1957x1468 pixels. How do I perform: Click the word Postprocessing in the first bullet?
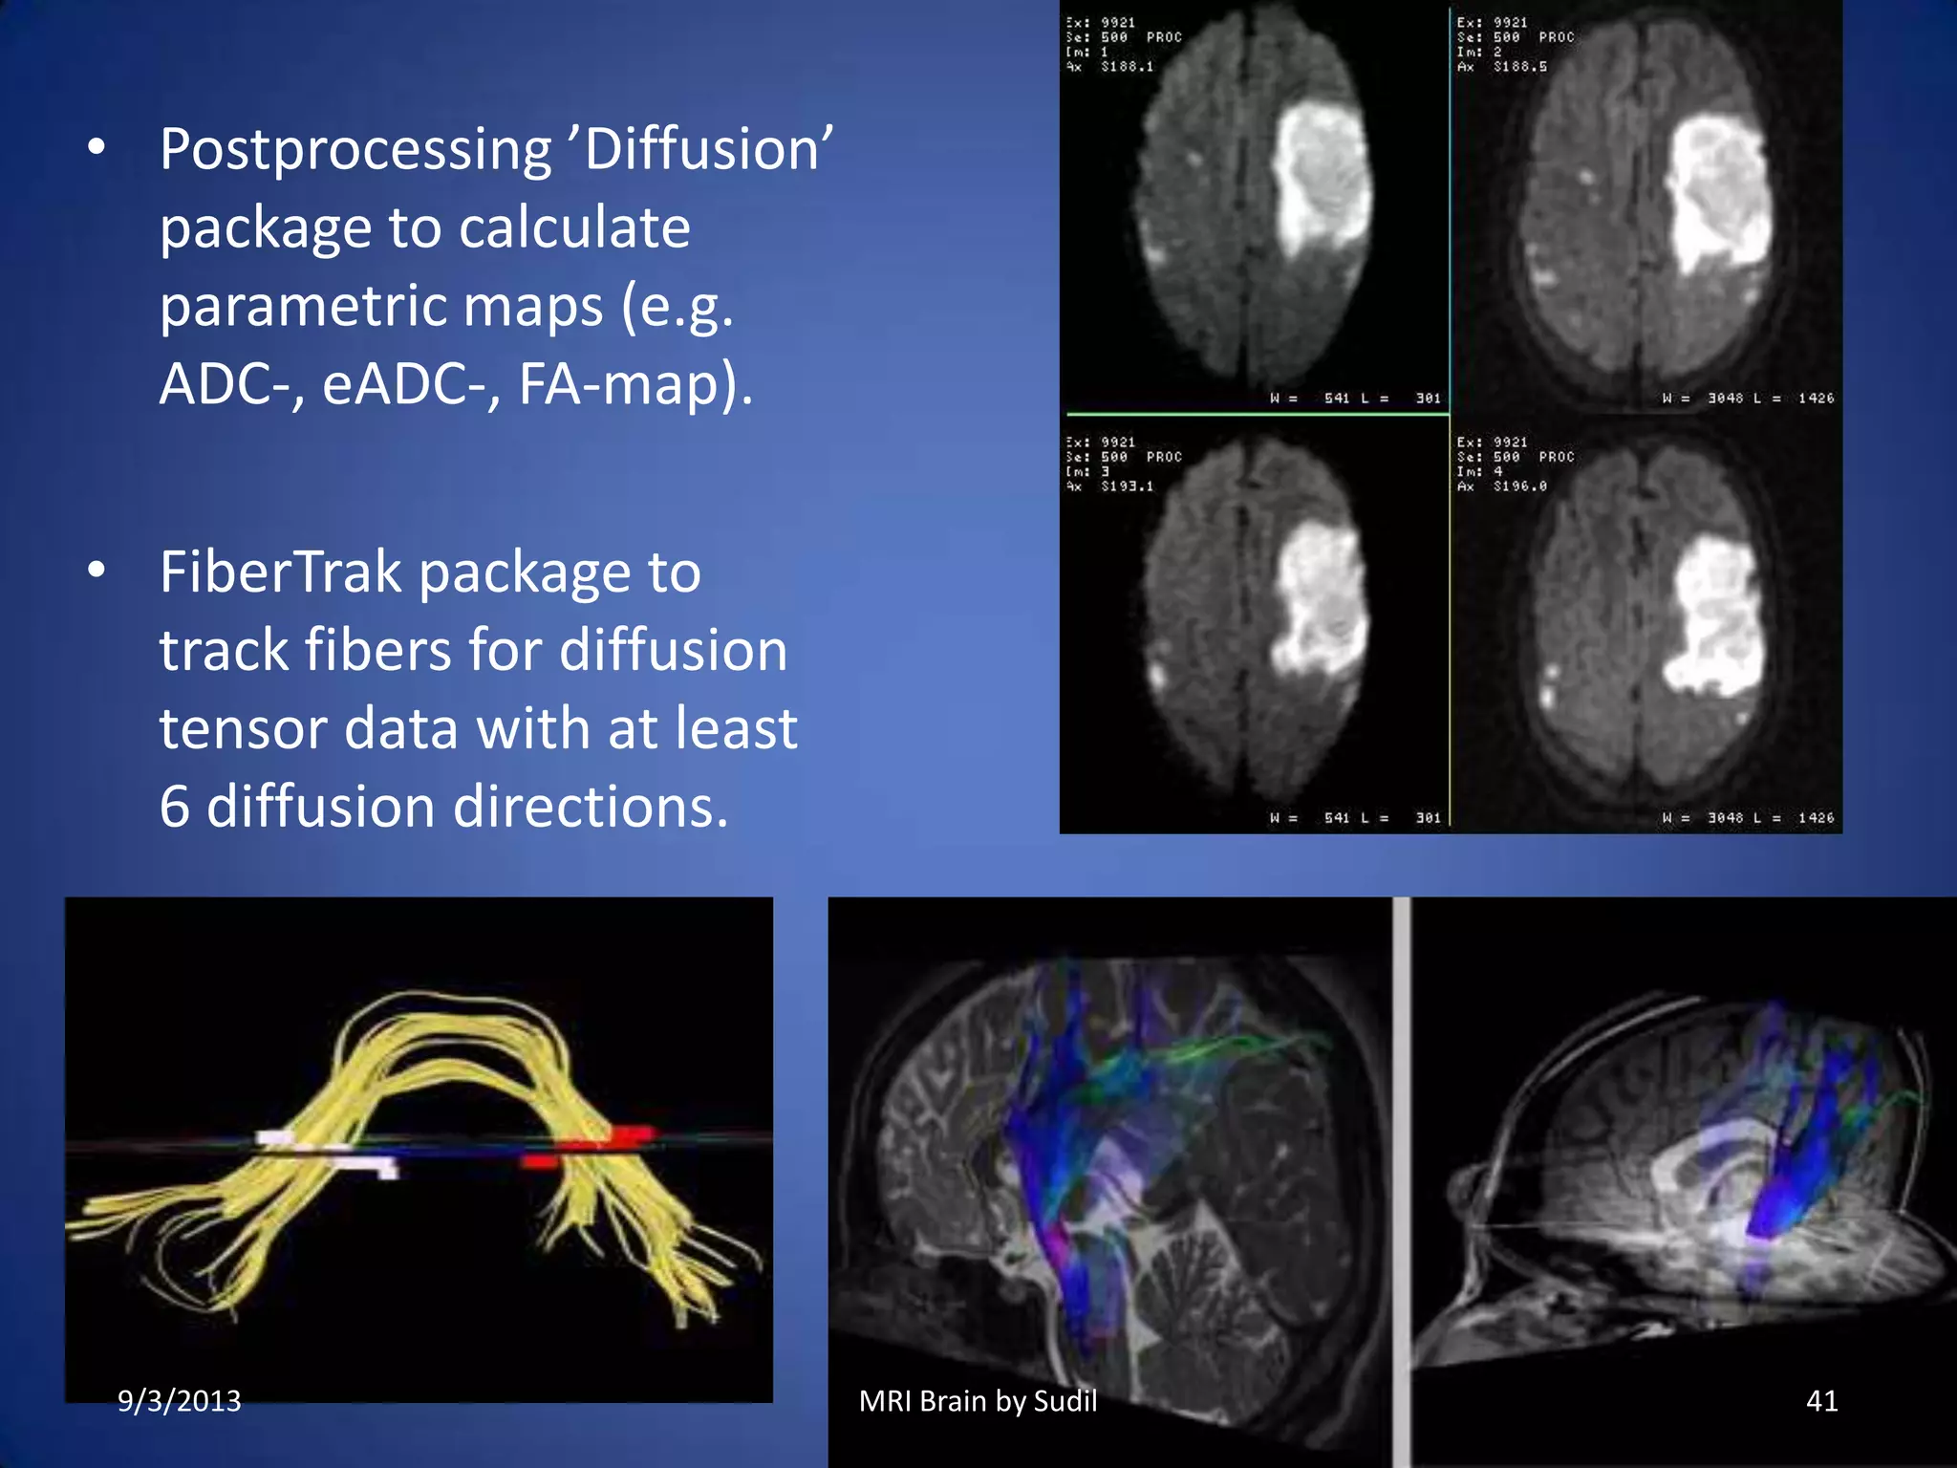[x=355, y=151]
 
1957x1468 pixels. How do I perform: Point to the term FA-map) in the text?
[x=635, y=384]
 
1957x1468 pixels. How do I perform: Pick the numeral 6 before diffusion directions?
[x=175, y=808]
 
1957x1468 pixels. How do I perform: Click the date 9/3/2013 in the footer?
[x=179, y=1401]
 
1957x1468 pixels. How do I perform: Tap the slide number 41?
[x=1821, y=1401]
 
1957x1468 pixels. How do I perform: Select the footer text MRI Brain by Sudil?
[x=978, y=1401]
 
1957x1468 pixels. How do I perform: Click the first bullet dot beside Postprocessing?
[x=97, y=148]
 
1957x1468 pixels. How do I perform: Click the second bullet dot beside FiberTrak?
[x=97, y=571]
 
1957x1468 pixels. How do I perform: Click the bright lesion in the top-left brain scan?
[x=1321, y=182]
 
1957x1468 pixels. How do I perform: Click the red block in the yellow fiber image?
[x=612, y=1137]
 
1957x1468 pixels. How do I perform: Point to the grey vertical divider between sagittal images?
[x=1401, y=1180]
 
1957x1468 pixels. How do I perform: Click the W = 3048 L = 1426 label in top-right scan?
[x=1748, y=399]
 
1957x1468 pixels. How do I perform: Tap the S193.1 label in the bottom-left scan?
[x=1127, y=486]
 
